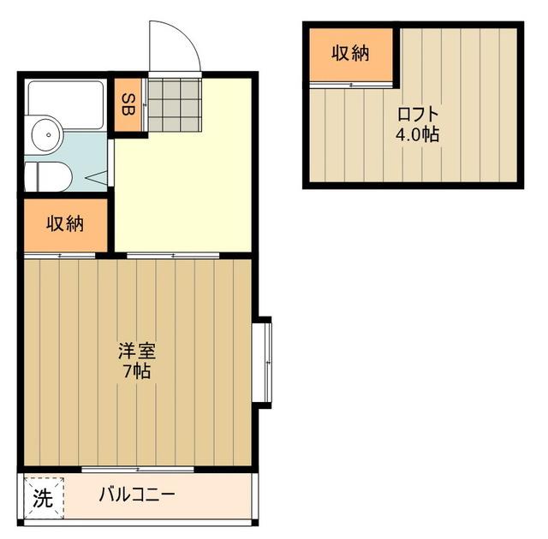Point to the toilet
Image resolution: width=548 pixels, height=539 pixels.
(x=46, y=176)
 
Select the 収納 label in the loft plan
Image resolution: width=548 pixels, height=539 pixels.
(x=350, y=53)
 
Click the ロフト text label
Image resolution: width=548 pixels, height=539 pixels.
(x=418, y=115)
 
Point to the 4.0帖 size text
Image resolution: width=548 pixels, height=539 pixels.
(x=418, y=134)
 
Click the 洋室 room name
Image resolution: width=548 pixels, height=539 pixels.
(x=136, y=352)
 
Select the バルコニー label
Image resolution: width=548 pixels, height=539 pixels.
(x=137, y=495)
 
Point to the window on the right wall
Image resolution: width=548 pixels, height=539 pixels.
(x=265, y=360)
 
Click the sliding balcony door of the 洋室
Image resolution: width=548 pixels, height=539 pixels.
(x=137, y=468)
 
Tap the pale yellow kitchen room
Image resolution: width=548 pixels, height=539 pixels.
(x=182, y=188)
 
